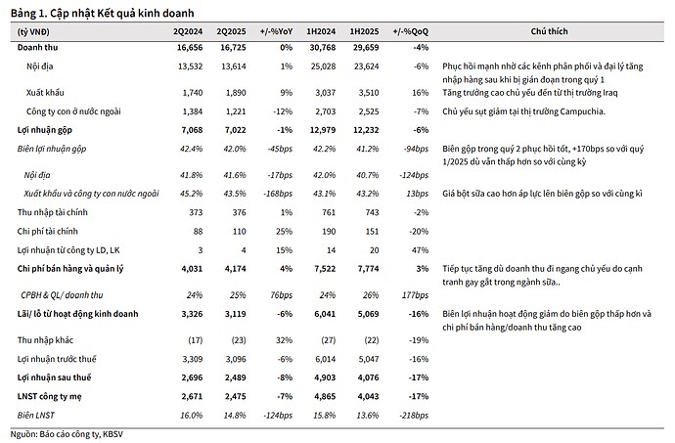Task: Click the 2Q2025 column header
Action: [x=231, y=31]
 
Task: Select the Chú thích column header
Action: [x=549, y=31]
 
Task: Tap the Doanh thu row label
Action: [x=37, y=47]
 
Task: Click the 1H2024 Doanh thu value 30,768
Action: [x=323, y=47]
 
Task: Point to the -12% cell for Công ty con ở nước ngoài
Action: [x=283, y=111]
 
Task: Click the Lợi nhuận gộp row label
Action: [x=45, y=130]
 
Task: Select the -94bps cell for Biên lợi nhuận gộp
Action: [x=417, y=149]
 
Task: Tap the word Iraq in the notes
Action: [x=608, y=93]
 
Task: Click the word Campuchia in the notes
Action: [x=583, y=111]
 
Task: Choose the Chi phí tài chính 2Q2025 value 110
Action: [x=239, y=231]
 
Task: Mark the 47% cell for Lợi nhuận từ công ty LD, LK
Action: [x=420, y=250]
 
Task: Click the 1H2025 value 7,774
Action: [x=366, y=269]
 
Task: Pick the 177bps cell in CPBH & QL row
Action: [x=415, y=295]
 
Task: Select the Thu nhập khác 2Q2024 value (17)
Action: [x=195, y=340]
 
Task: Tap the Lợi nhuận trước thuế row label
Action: [x=57, y=359]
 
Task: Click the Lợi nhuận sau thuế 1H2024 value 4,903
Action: [x=324, y=377]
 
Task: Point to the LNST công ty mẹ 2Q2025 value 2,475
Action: [x=235, y=396]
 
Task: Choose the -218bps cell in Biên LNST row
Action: [x=414, y=416]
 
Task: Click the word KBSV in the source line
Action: [x=112, y=434]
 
